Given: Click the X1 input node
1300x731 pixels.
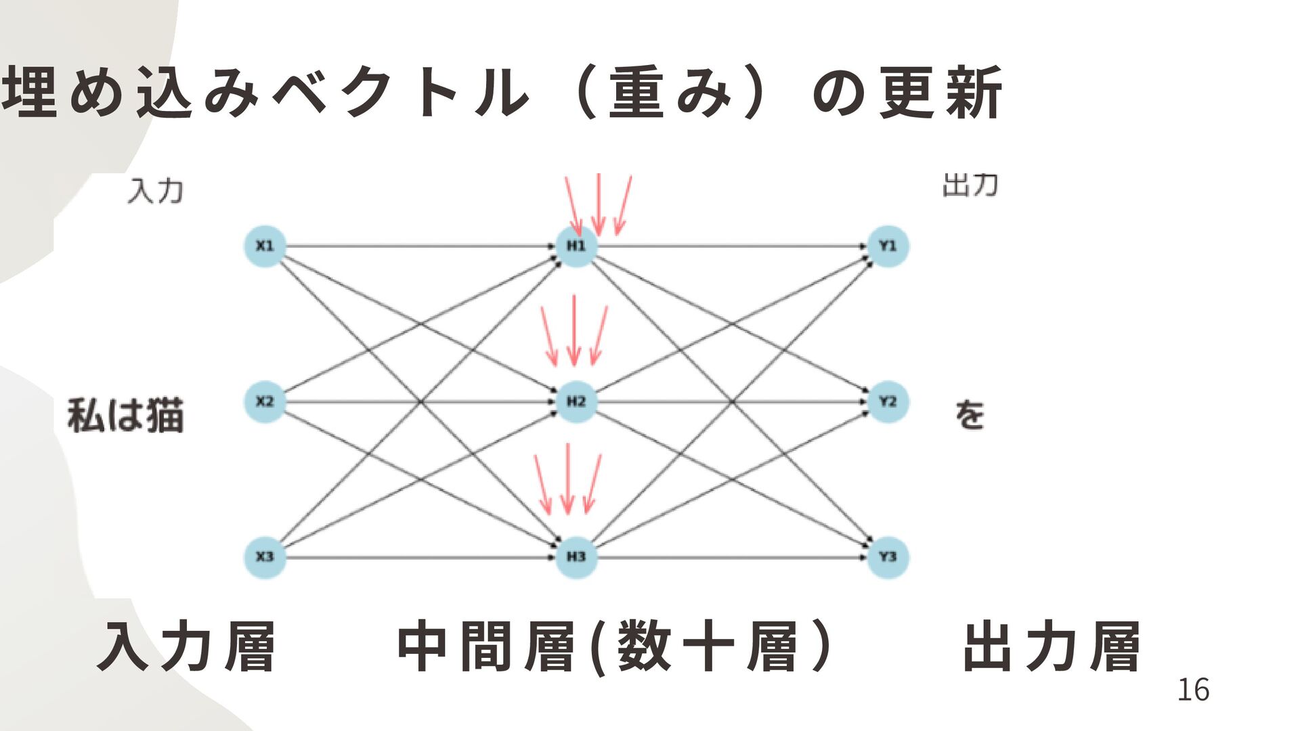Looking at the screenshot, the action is pyautogui.click(x=265, y=246).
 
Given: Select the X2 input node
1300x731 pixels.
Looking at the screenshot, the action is pyautogui.click(x=265, y=402).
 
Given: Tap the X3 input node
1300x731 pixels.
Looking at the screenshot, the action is pyautogui.click(x=265, y=557).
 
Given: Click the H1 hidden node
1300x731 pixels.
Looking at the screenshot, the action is pyautogui.click(x=576, y=246).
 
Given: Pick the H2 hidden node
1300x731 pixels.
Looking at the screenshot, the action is pyautogui.click(x=576, y=402).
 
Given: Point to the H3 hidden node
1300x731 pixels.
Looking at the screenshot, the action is pyautogui.click(x=576, y=557).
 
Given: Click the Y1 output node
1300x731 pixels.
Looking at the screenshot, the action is pyautogui.click(x=888, y=246).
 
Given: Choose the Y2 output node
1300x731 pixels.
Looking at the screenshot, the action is pyautogui.click(x=888, y=402).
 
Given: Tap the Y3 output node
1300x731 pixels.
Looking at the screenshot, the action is pyautogui.click(x=888, y=557).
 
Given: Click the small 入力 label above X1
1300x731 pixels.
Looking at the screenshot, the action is pyautogui.click(x=156, y=191).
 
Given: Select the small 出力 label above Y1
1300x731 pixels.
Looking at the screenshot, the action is pyautogui.click(x=970, y=185).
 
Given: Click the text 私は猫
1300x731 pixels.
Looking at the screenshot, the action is pyautogui.click(x=126, y=416).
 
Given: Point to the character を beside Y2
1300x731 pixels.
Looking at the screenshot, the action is pyautogui.click(x=970, y=415).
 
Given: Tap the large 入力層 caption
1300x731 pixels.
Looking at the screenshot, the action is pyautogui.click(x=187, y=647).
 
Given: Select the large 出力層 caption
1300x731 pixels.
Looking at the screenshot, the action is pyautogui.click(x=1052, y=647).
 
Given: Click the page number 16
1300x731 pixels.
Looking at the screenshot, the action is pyautogui.click(x=1193, y=690).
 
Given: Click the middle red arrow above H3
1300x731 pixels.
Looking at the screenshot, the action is pyautogui.click(x=568, y=479).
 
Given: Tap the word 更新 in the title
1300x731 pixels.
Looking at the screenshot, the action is pyautogui.click(x=941, y=93).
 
